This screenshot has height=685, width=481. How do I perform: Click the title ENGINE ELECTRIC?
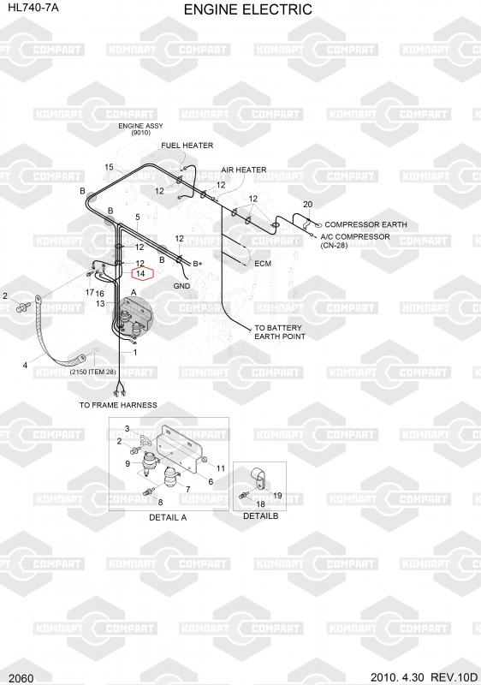pyautogui.click(x=248, y=9)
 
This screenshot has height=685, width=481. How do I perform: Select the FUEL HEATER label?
pyautogui.click(x=187, y=146)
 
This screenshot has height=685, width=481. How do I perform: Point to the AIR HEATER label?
pyautogui.click(x=244, y=170)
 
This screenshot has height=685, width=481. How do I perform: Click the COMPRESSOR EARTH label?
pyautogui.click(x=365, y=224)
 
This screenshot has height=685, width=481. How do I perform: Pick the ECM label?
pyautogui.click(x=263, y=264)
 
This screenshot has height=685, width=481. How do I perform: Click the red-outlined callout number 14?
pyautogui.click(x=140, y=273)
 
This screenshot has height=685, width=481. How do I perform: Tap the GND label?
pyautogui.click(x=181, y=286)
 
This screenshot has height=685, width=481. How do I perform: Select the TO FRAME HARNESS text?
pyautogui.click(x=118, y=405)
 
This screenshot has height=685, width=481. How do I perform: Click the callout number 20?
pyautogui.click(x=308, y=204)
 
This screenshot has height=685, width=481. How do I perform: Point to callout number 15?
pyautogui.click(x=109, y=167)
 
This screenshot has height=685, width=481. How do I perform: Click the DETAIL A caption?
pyautogui.click(x=168, y=517)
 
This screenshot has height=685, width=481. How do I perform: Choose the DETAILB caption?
pyautogui.click(x=260, y=516)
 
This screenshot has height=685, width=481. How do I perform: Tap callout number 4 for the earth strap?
pyautogui.click(x=25, y=365)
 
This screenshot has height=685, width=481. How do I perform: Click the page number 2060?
pyautogui.click(x=21, y=678)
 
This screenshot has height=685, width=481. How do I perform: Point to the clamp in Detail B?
pyautogui.click(x=258, y=479)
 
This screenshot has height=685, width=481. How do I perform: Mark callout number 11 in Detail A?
pyautogui.click(x=221, y=468)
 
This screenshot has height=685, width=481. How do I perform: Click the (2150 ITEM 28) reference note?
pyautogui.click(x=93, y=372)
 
